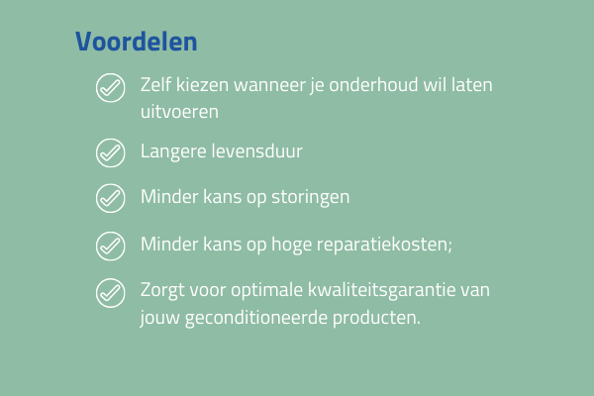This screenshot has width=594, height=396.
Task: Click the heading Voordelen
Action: tap(137, 42)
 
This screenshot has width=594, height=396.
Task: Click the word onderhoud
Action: tap(373, 84)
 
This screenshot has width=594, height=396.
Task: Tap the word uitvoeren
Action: tap(179, 112)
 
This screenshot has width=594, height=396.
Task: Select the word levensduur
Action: tap(257, 150)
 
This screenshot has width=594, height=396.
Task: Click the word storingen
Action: tap(311, 197)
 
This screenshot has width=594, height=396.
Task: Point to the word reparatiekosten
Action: tap(384, 245)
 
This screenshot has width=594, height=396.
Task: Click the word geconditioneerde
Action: tap(256, 318)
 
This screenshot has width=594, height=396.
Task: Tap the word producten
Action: tap(376, 318)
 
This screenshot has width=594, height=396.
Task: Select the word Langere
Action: tap(173, 151)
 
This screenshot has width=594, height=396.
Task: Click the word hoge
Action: tap(292, 245)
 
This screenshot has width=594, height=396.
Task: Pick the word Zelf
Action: tap(155, 84)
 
